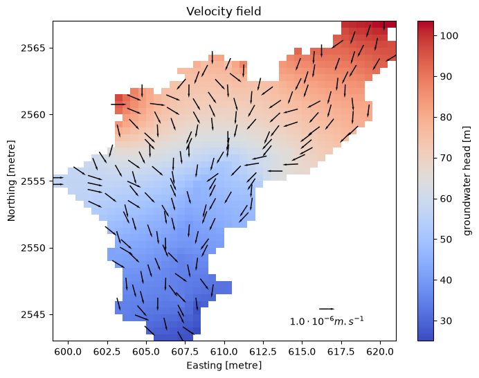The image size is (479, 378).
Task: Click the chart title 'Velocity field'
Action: coord(224,12)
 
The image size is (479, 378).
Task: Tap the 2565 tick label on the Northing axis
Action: coord(33,48)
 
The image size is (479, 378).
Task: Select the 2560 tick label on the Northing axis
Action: coord(33,115)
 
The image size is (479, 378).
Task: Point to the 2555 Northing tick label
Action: coord(33,181)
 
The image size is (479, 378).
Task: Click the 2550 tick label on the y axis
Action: coord(33,248)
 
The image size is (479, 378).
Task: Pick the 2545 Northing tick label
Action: coord(33,315)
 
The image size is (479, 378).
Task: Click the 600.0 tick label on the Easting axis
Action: coord(68,352)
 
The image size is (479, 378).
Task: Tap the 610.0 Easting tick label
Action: coord(224,352)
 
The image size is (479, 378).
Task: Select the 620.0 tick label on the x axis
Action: coord(380,352)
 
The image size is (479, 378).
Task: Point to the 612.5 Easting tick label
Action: coord(263,352)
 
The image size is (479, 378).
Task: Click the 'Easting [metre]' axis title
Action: coord(224,366)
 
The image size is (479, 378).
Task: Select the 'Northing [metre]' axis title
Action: coord(11,181)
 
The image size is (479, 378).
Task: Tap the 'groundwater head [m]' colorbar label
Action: coord(467,181)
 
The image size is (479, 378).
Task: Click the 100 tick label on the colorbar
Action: coord(449,36)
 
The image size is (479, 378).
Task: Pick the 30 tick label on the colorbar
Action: coord(446,321)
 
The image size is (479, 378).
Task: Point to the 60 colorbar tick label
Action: coord(446,199)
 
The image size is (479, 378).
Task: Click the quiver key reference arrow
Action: coord(327,309)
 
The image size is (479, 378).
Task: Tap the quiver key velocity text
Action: coord(327,321)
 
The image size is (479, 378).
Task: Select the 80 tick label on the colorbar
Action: coord(446,117)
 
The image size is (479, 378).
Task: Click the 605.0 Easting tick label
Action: coord(146,352)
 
